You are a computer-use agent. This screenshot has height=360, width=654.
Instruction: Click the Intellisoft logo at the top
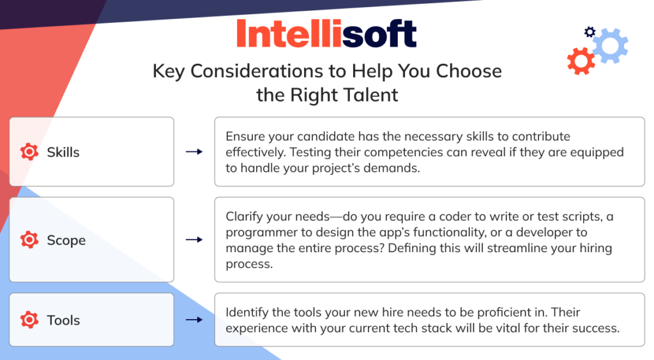tap(326, 33)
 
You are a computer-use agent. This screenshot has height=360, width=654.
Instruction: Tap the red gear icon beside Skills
tap(29, 152)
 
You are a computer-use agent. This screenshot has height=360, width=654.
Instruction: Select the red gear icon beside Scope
tap(29, 239)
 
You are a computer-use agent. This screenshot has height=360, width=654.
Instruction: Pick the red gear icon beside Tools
tap(29, 320)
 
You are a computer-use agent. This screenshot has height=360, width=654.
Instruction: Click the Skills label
tap(63, 152)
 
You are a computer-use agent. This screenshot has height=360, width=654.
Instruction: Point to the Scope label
tap(66, 241)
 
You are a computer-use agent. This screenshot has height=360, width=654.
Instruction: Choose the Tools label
tap(63, 320)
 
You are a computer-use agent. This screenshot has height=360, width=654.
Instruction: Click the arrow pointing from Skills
tap(194, 152)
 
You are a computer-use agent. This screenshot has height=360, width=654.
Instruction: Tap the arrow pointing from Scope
tap(194, 239)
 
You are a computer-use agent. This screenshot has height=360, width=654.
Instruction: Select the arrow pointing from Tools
tap(194, 320)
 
